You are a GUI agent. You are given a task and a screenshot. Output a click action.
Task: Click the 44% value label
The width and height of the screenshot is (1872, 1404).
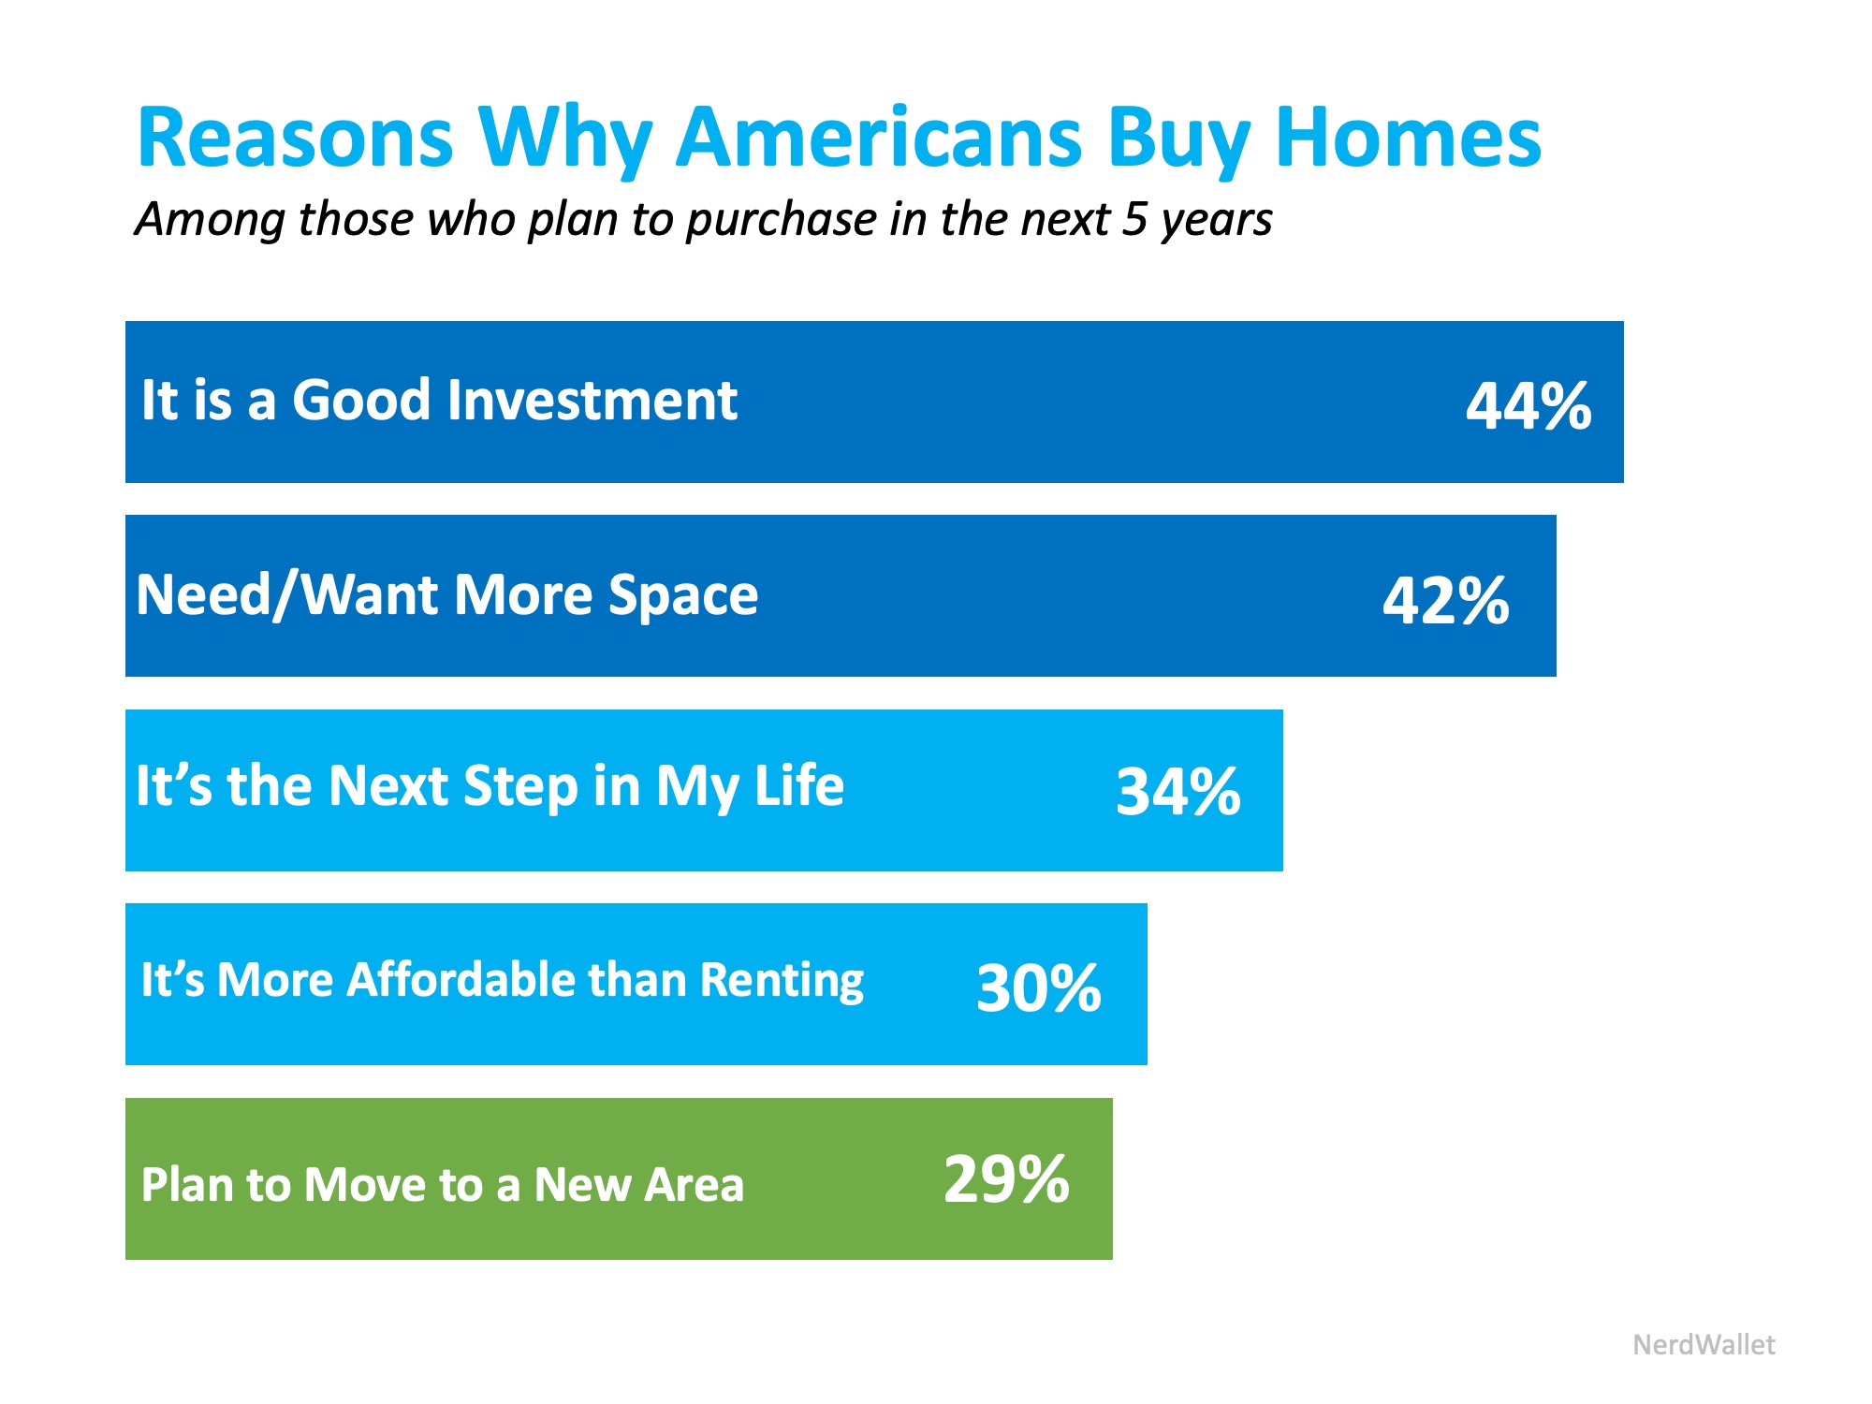click(x=1528, y=406)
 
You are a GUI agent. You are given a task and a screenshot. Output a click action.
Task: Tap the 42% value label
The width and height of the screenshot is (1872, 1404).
click(x=1445, y=600)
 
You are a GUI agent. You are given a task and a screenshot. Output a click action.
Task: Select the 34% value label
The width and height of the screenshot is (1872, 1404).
click(x=1177, y=792)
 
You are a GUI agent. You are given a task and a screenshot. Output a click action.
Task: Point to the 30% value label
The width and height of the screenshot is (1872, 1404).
click(x=1038, y=987)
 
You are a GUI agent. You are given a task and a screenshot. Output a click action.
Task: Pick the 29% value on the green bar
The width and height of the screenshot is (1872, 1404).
click(x=1006, y=1179)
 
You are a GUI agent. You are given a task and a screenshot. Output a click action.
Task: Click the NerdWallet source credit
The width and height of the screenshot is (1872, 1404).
click(x=1704, y=1345)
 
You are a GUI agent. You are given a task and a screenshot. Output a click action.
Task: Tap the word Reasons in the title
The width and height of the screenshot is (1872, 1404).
click(x=295, y=138)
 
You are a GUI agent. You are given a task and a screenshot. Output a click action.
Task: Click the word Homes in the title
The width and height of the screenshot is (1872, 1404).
click(x=1408, y=138)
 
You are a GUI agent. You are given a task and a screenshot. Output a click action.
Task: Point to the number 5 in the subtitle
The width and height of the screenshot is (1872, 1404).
click(x=1134, y=219)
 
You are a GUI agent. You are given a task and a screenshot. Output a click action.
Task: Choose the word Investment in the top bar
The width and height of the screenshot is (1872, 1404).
click(x=592, y=401)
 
